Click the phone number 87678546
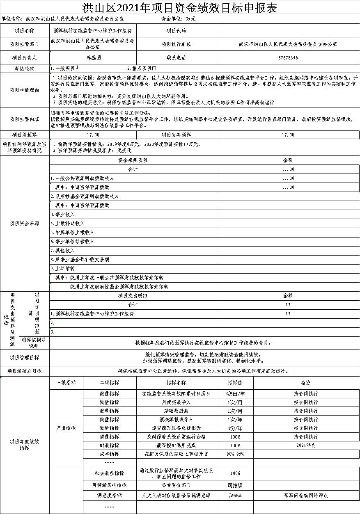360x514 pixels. [288, 58]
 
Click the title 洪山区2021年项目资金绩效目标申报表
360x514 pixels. [180, 8]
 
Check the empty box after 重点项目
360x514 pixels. [154, 68]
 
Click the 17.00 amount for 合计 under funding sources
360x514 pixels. [288, 169]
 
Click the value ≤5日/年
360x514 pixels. [235, 393]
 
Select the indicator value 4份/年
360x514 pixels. [235, 428]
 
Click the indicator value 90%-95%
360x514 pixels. [235, 454]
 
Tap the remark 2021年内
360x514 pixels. [306, 445]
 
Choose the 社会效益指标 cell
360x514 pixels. [109, 473]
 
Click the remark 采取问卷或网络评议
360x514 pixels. [306, 496]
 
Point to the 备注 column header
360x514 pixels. [306, 382]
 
